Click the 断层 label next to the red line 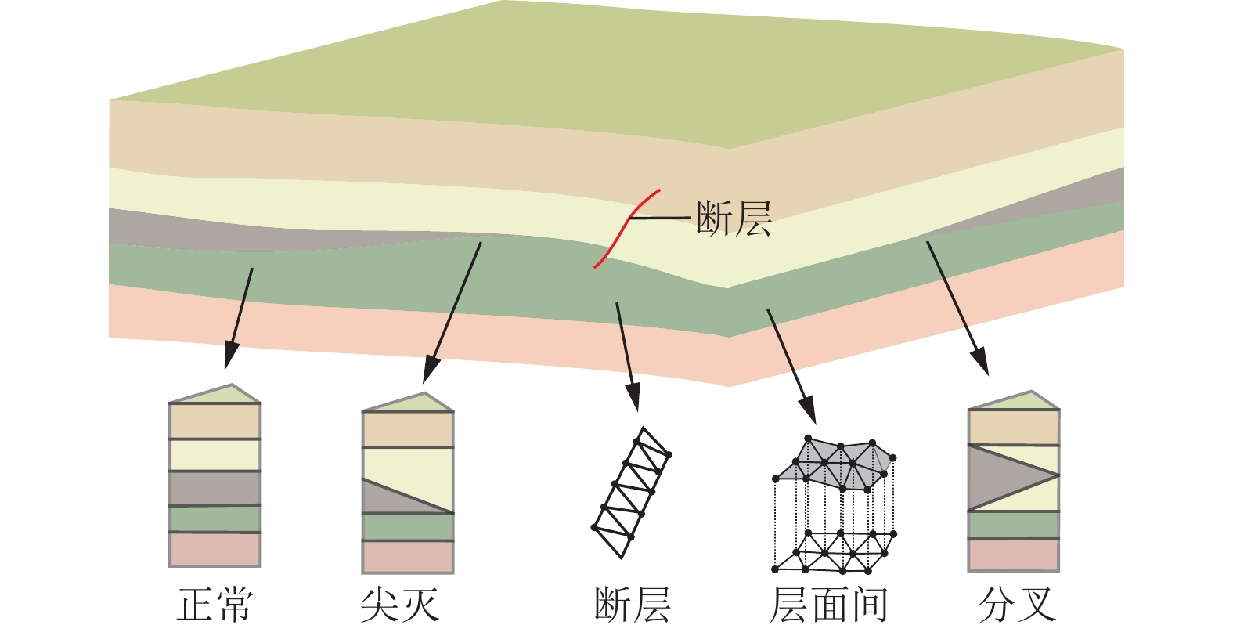734,219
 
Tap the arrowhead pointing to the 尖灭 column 430,370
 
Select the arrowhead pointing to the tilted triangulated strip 633,399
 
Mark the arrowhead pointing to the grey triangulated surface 808,413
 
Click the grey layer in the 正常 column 215,488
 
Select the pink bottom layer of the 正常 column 215,549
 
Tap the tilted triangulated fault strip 631,492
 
